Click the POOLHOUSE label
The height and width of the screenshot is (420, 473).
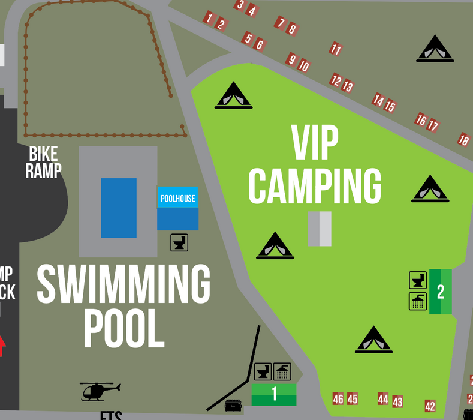point(177,198)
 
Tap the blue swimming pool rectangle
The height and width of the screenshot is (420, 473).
point(119,208)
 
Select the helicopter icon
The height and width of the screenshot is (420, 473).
point(100,391)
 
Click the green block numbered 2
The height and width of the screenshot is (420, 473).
point(441,292)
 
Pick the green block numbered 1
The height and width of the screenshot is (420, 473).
point(274,394)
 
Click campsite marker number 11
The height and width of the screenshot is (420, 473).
point(336,49)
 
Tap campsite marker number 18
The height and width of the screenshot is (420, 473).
point(463,140)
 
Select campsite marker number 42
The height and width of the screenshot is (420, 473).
point(430,406)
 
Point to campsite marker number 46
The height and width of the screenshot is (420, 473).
point(338,399)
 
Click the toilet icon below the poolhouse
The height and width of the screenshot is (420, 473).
point(179,242)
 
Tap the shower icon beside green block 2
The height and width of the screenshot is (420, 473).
point(418,301)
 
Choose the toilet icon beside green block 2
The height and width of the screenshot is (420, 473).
point(418,280)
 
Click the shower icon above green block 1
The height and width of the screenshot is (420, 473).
point(282,372)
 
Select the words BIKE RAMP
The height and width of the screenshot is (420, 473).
point(43,162)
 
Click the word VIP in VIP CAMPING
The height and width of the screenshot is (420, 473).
point(315,143)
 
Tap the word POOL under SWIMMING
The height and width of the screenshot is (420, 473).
point(124,328)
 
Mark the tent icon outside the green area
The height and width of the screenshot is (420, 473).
point(435,49)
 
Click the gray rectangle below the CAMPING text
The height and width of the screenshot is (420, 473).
point(320,229)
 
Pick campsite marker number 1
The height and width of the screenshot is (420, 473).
point(209,18)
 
